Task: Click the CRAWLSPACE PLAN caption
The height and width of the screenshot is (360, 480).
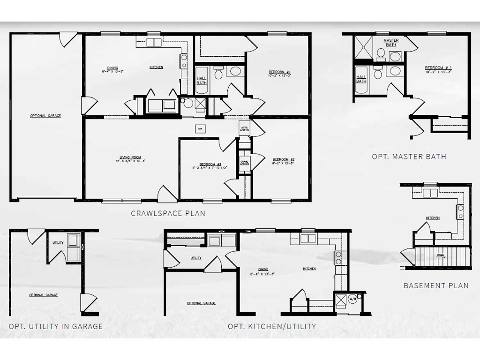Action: click(168, 213)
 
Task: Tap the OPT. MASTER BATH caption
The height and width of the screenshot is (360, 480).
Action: click(409, 157)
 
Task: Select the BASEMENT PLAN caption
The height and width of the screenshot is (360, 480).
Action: click(436, 285)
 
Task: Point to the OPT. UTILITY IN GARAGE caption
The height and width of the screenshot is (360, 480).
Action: click(55, 326)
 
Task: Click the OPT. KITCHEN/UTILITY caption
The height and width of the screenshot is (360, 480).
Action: click(271, 326)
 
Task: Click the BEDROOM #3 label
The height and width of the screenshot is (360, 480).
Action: click(203, 165)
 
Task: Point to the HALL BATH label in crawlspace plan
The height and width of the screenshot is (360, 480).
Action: click(202, 80)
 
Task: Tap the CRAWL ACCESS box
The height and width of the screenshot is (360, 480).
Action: click(244, 163)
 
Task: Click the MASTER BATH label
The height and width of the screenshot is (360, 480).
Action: click(391, 42)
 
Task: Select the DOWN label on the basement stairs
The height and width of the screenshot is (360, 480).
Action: click(440, 255)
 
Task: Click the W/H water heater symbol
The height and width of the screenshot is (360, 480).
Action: click(352, 298)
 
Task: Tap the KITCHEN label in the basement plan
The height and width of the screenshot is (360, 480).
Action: click(433, 218)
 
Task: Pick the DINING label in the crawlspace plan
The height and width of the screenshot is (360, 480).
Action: click(112, 68)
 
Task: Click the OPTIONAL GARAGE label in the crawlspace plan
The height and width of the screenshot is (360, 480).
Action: click(45, 116)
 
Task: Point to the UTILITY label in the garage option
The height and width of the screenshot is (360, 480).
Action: click(58, 242)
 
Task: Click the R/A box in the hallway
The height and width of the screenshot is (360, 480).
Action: click(199, 128)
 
